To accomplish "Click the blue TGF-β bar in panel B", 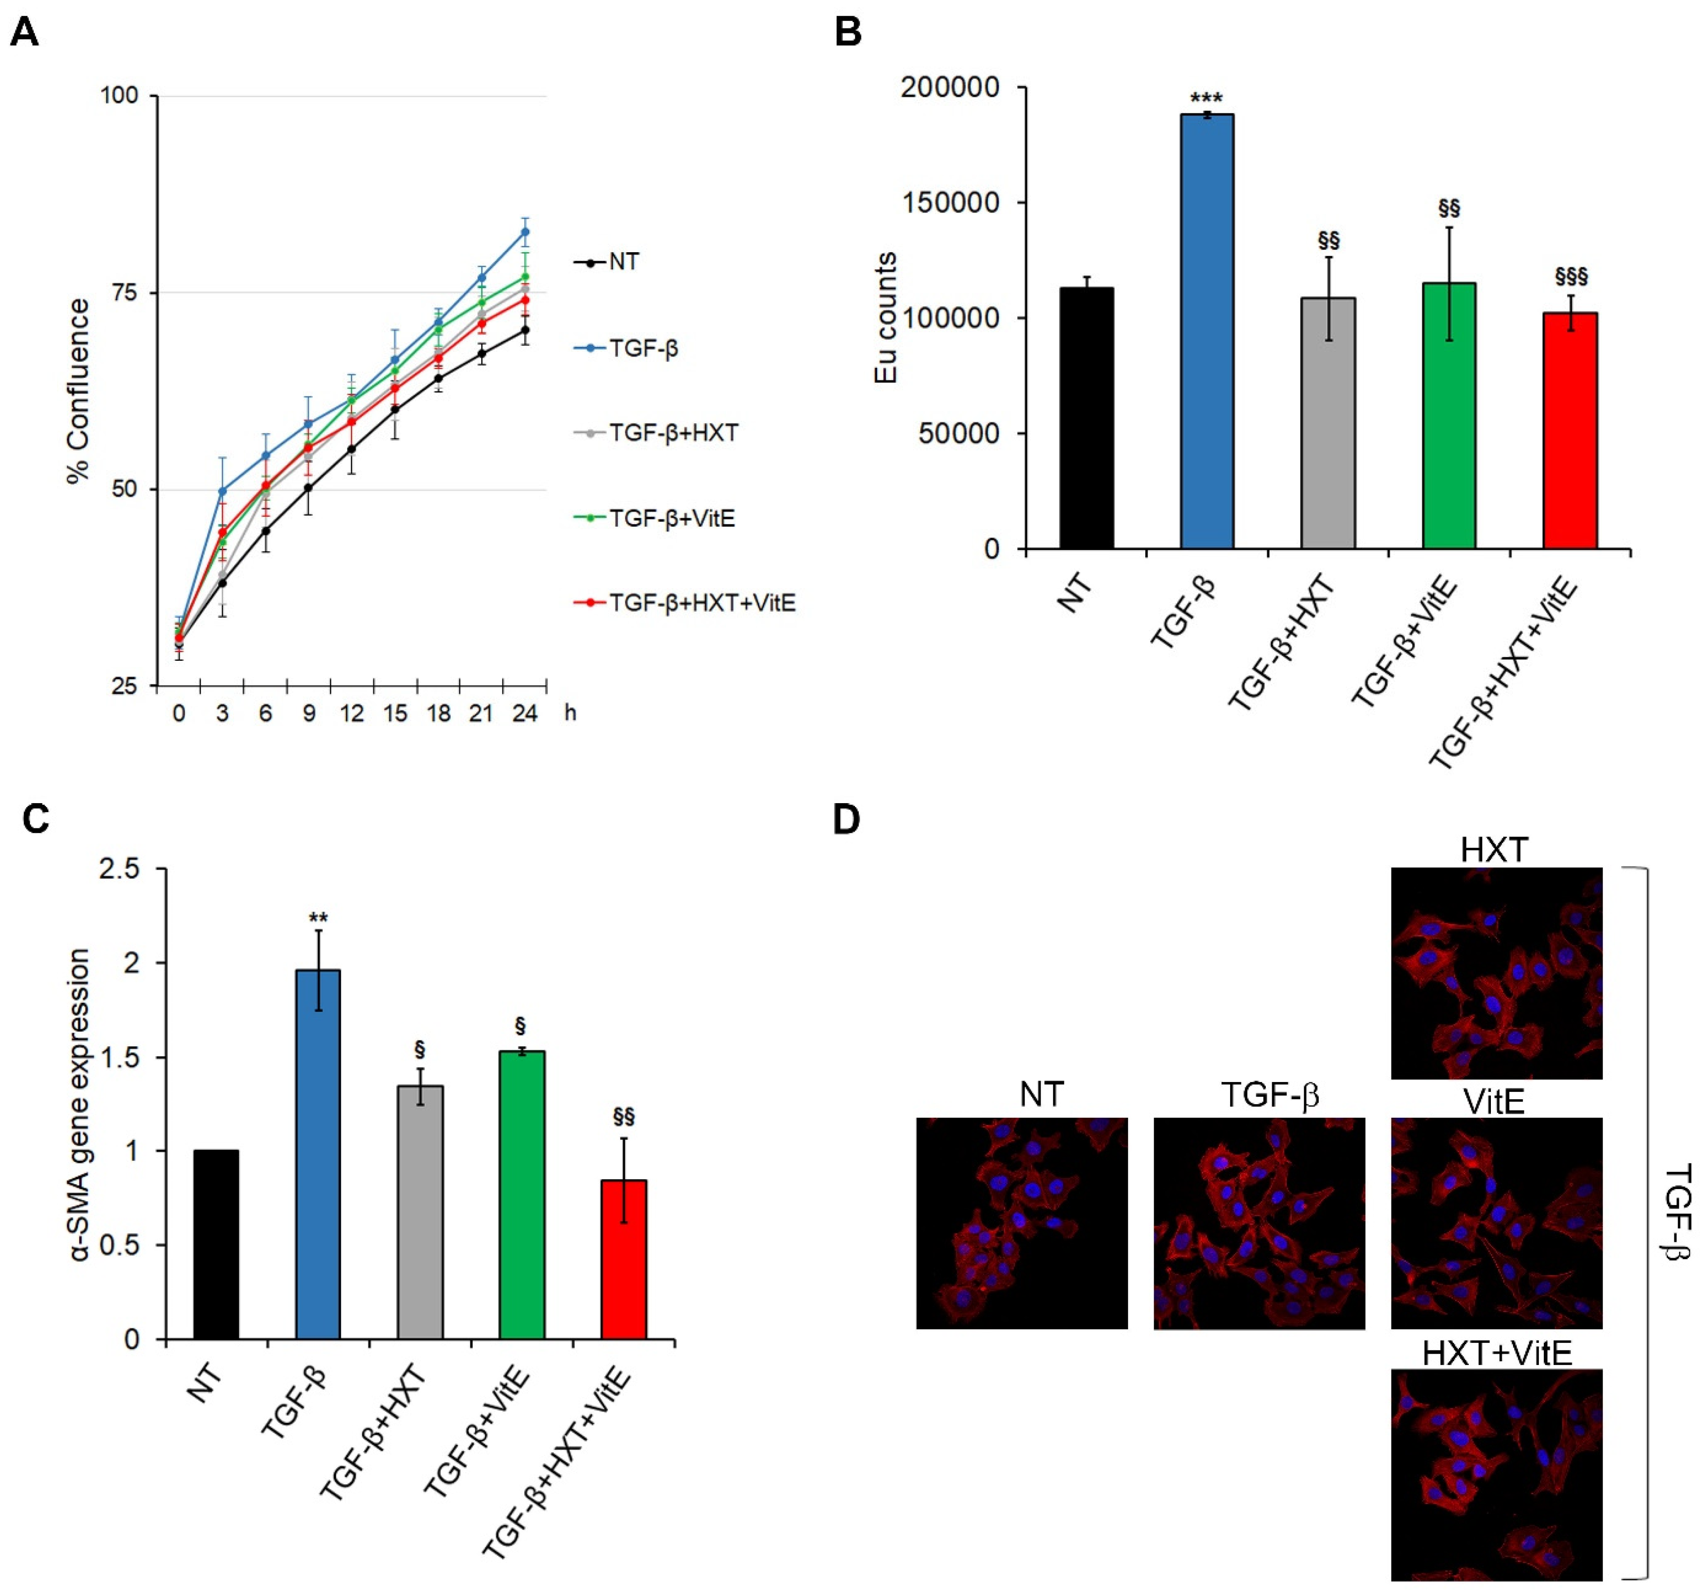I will pyautogui.click(x=1207, y=331).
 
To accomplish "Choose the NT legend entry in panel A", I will pyautogui.click(x=623, y=262).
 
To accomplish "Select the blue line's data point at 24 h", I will pyautogui.click(x=524, y=232).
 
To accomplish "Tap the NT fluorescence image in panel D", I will pyautogui.click(x=1021, y=1223).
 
